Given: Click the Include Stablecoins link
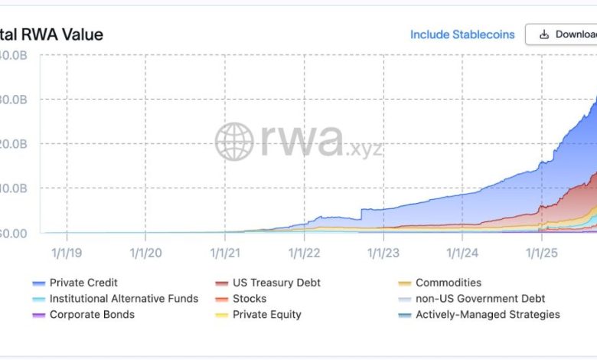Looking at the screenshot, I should coord(462,34).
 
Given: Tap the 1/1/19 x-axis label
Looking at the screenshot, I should coord(66,251).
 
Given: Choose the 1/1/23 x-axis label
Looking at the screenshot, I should coord(383,251).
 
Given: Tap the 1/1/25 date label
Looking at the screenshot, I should coord(541,251).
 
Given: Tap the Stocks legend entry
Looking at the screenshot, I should coord(250,299).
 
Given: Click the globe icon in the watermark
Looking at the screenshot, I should coord(234,142).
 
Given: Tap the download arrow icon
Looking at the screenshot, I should coord(544,34).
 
